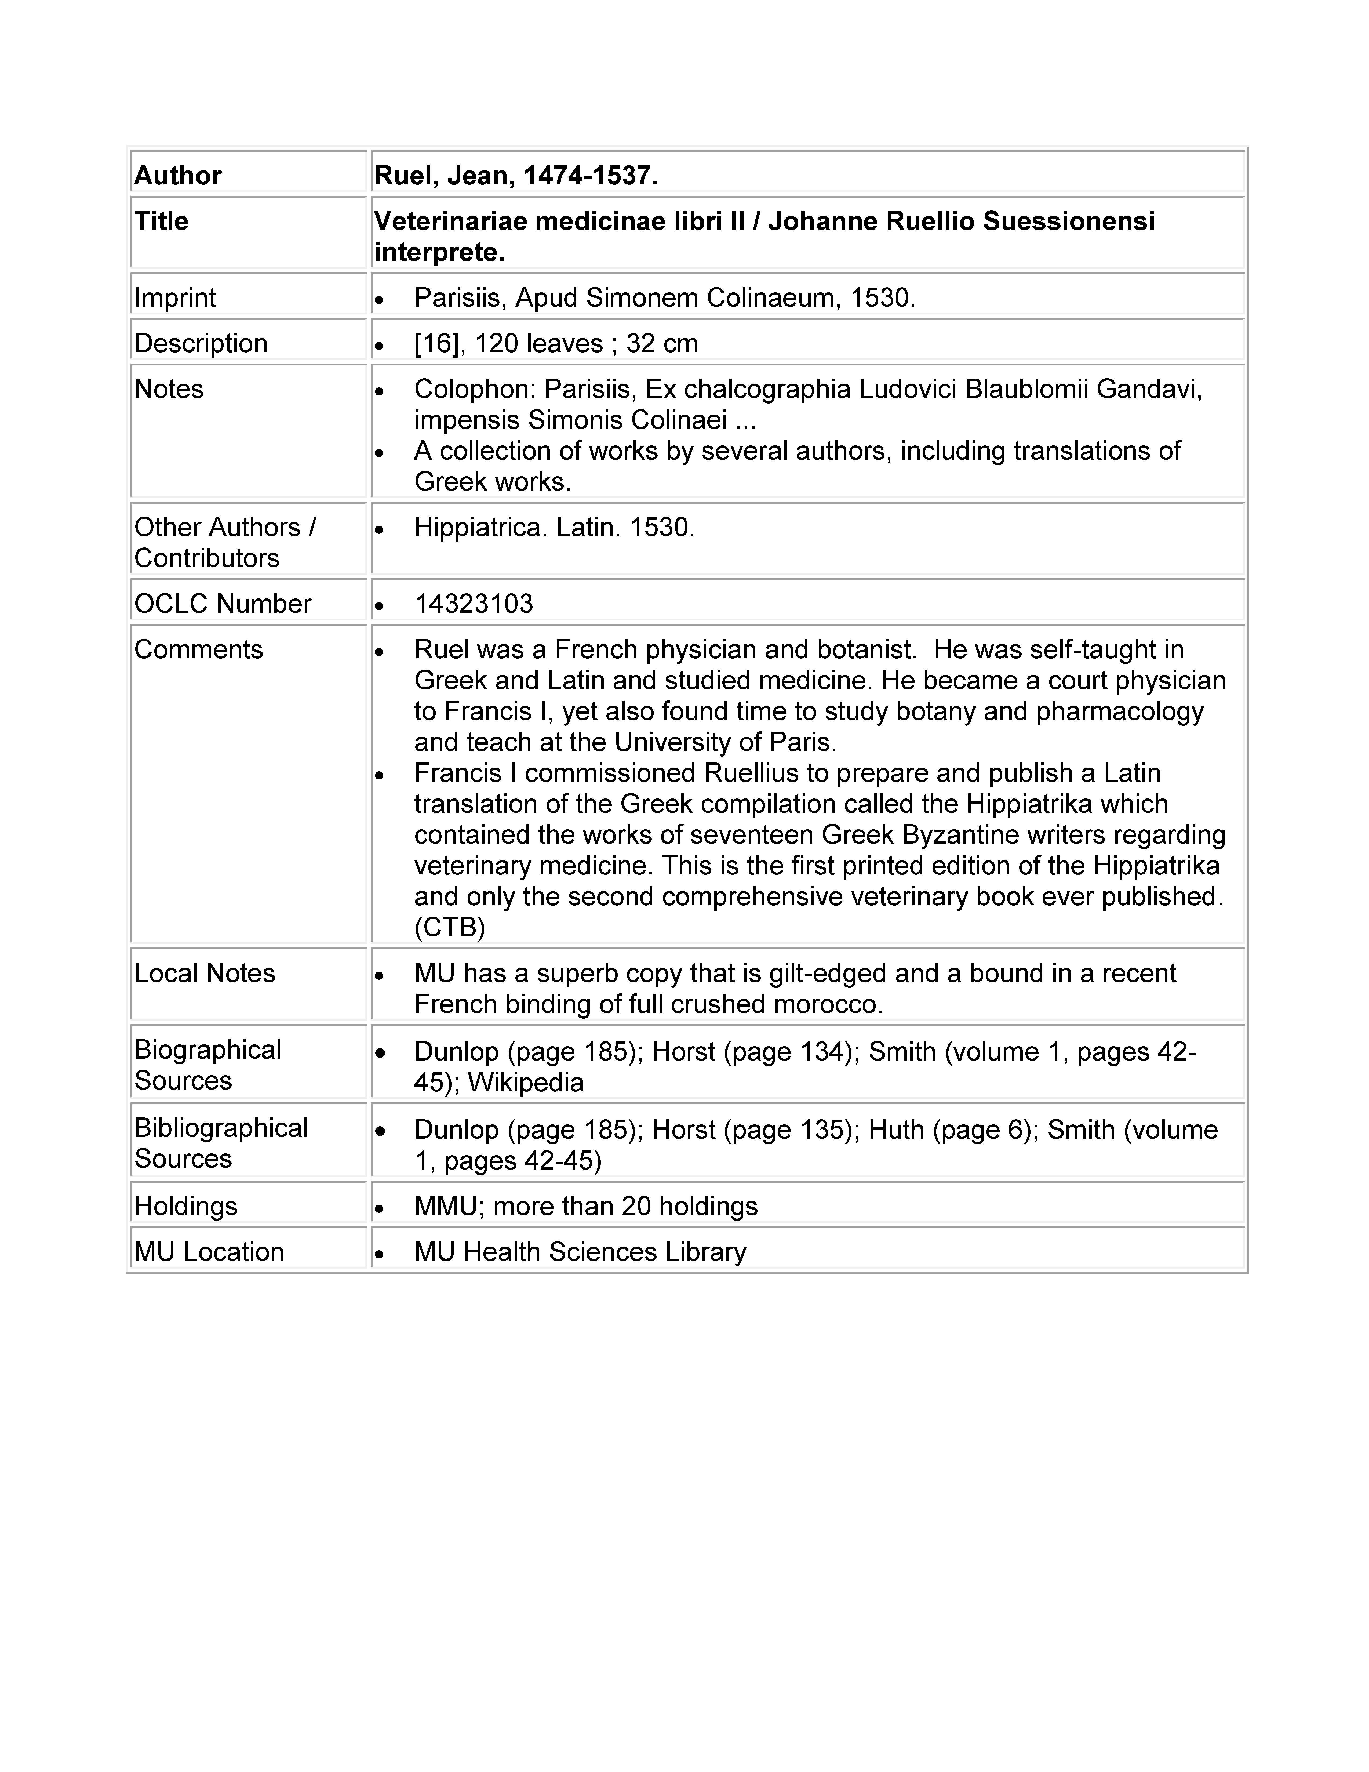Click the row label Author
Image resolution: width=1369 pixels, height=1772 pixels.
pyautogui.click(x=178, y=175)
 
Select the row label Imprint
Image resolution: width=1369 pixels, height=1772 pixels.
pyautogui.click(x=175, y=298)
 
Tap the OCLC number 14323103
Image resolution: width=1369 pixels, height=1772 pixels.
pyautogui.click(x=474, y=604)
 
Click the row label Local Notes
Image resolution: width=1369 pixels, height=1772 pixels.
pyautogui.click(x=204, y=973)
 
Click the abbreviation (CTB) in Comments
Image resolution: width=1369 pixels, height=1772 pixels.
pyautogui.click(x=449, y=927)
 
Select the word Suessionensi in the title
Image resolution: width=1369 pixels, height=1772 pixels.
pyautogui.click(x=1069, y=221)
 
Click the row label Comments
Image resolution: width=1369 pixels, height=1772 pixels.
pyautogui.click(x=199, y=649)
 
